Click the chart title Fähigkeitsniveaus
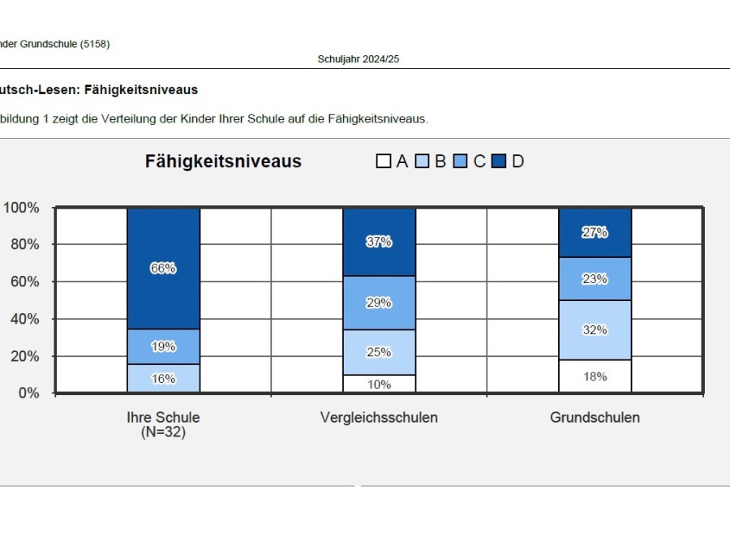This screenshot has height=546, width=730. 223,161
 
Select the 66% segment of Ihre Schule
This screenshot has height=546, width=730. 163,269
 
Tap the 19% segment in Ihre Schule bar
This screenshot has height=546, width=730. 163,346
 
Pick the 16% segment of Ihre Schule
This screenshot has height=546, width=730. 163,378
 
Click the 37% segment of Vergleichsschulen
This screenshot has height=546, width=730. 379,242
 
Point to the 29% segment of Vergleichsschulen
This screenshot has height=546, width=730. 379,303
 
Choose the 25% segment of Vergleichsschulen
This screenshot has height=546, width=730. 379,352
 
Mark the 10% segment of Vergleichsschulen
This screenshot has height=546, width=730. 379,384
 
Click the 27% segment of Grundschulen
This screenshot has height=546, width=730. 595,232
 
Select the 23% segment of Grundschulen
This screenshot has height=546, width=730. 595,279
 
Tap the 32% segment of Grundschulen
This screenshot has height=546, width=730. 595,330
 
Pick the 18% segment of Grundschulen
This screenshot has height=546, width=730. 595,376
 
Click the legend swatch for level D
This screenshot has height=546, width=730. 499,161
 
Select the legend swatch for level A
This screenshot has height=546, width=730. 384,161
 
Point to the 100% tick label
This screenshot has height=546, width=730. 21,208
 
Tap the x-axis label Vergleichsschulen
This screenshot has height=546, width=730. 379,418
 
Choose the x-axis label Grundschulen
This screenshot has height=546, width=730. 595,418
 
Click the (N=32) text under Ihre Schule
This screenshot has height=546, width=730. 163,432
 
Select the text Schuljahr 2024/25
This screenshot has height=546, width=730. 358,60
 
